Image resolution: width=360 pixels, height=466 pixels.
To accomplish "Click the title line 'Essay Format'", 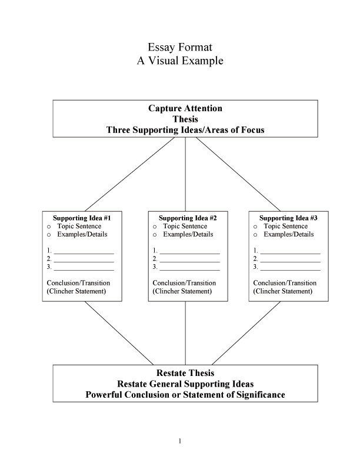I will (x=180, y=47).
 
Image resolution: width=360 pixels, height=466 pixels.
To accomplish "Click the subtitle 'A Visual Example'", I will (x=180, y=61).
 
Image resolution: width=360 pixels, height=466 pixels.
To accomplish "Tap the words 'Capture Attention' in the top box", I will (x=185, y=108).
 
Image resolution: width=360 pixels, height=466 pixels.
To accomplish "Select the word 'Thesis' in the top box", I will (x=185, y=119).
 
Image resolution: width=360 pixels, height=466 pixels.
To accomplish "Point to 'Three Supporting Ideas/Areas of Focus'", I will (x=185, y=129).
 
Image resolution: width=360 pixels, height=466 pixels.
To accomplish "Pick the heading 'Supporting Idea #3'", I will (x=289, y=218).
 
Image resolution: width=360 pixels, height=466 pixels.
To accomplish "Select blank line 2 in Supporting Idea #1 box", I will (x=84, y=259).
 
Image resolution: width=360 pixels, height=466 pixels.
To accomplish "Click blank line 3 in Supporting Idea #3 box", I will (x=290, y=268).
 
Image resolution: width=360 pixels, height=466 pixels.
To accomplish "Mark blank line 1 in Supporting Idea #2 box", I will (x=189, y=251).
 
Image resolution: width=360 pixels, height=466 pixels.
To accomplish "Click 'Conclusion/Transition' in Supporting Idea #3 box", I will (x=285, y=283).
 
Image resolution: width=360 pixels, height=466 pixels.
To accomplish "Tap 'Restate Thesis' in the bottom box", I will (x=185, y=374).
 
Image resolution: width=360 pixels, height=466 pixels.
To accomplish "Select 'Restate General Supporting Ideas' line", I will (x=185, y=384).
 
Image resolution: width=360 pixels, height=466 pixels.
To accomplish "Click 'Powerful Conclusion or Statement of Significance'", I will (x=185, y=395).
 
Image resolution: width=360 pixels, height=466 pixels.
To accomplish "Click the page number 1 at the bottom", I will (x=181, y=441).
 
